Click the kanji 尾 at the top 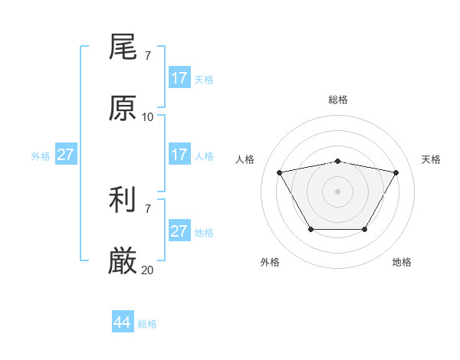[123, 48]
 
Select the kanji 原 [123, 109]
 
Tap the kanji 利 [123, 201]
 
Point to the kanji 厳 [123, 262]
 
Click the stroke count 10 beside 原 [148, 116]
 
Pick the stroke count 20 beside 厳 [148, 270]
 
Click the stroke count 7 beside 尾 [148, 56]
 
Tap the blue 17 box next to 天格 [179, 78]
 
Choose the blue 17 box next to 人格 [179, 155]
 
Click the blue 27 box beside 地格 [179, 231]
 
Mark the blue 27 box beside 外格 [66, 155]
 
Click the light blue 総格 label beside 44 [147, 324]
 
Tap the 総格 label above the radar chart [338, 100]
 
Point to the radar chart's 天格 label [432, 159]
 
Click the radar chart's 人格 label [245, 159]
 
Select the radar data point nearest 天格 [396, 172]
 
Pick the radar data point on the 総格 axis [338, 162]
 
